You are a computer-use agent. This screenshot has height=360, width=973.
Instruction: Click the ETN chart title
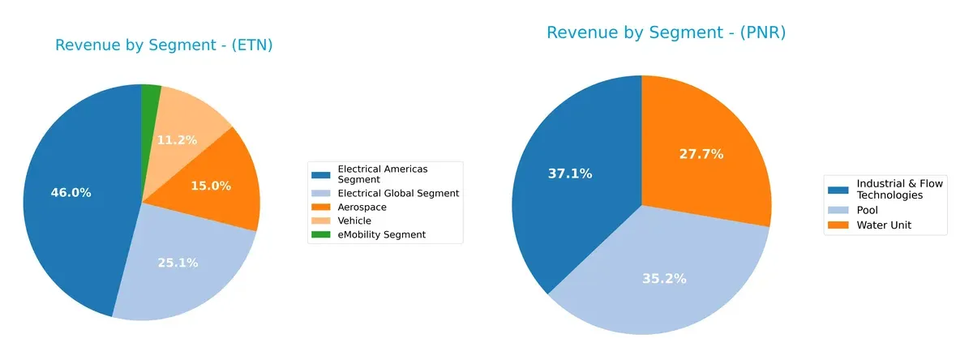[164, 45]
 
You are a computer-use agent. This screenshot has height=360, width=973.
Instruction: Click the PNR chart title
[666, 32]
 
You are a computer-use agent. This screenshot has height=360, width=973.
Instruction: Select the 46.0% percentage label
[71, 192]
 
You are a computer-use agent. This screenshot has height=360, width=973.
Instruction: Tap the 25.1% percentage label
[178, 263]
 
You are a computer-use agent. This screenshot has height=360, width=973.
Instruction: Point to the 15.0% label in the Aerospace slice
[211, 186]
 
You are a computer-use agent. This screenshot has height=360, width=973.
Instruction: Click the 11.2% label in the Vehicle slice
[177, 139]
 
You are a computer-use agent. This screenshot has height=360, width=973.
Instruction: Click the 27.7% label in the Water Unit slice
[701, 153]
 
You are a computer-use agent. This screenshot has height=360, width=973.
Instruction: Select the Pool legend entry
[868, 210]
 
